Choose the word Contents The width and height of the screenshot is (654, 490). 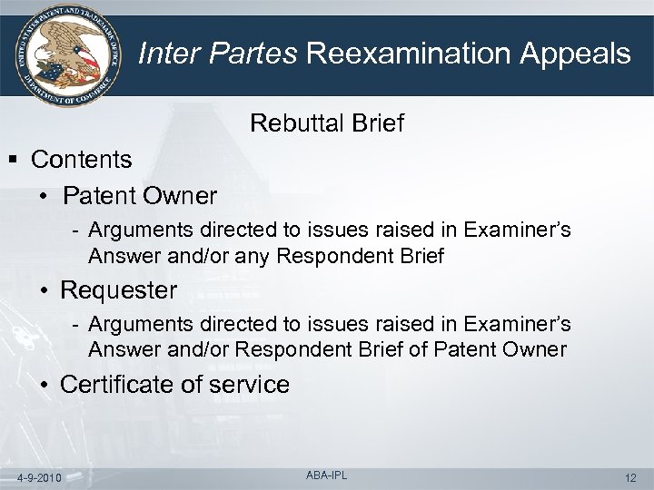pos(81,160)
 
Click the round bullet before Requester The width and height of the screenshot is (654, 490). pos(45,291)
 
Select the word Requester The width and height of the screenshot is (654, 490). pos(118,291)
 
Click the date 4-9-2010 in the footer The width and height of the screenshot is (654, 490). pos(40,477)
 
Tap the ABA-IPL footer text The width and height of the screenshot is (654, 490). pos(326,475)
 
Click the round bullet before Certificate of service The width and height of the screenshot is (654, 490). pos(45,385)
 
